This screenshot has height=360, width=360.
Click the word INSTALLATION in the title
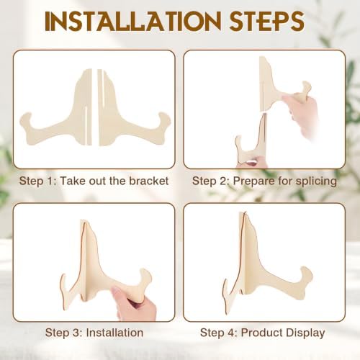click(x=133, y=21)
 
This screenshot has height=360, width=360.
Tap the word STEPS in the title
click(x=267, y=21)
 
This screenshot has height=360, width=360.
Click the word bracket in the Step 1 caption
click(x=149, y=181)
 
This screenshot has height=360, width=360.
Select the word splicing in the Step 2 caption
click(x=316, y=181)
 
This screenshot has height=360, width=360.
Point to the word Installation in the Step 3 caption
click(x=114, y=333)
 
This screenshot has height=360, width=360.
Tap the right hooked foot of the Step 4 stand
click(x=306, y=276)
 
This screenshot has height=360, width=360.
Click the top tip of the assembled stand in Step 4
click(x=244, y=212)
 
